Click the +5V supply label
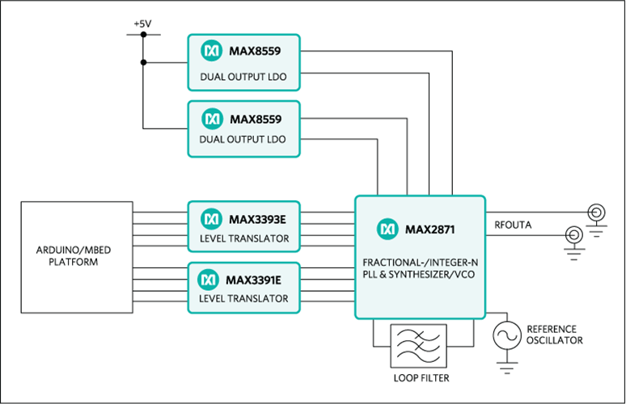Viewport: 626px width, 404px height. tap(143, 24)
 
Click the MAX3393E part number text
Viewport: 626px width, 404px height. tap(256, 219)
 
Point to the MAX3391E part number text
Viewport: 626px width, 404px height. tap(256, 279)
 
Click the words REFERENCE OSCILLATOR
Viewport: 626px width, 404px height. tap(554, 335)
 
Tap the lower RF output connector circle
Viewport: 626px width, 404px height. tap(573, 234)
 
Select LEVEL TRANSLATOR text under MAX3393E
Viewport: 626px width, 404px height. tap(243, 239)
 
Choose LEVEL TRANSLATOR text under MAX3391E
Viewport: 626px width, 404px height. tap(243, 299)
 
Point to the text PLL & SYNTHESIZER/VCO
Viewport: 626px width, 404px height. tap(421, 274)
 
